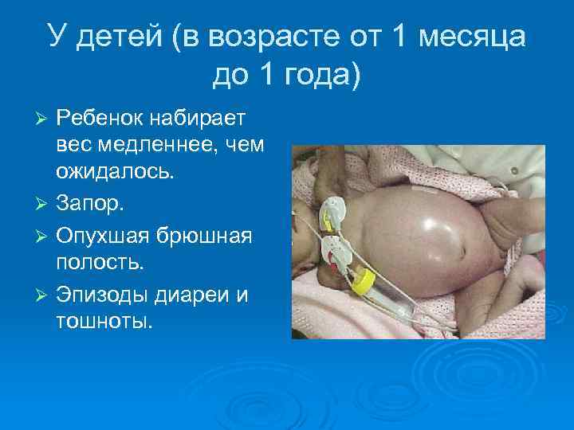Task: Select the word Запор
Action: coord(89,206)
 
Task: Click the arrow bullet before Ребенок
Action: coord(44,119)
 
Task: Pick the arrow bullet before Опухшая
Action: coord(44,236)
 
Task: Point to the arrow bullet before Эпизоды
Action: coord(44,295)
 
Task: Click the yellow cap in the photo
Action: coord(364,279)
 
